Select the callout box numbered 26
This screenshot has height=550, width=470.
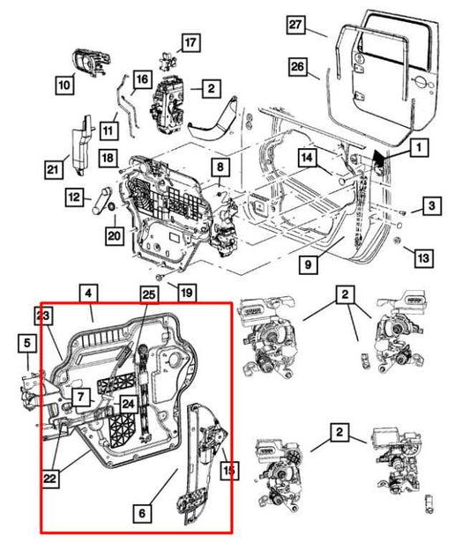pyautogui.click(x=296, y=67)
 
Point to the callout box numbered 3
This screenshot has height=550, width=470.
pyautogui.click(x=429, y=206)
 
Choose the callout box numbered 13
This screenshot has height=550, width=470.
pyautogui.click(x=424, y=258)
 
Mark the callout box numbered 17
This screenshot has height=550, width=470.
pyautogui.click(x=191, y=41)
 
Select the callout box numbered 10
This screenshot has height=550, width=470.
pyautogui.click(x=63, y=85)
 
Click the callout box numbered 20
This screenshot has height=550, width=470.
pyautogui.click(x=114, y=235)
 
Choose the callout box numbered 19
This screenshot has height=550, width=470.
pyautogui.click(x=186, y=293)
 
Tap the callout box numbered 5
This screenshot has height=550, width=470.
pyautogui.click(x=27, y=343)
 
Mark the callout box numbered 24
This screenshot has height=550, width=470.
pyautogui.click(x=128, y=405)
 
